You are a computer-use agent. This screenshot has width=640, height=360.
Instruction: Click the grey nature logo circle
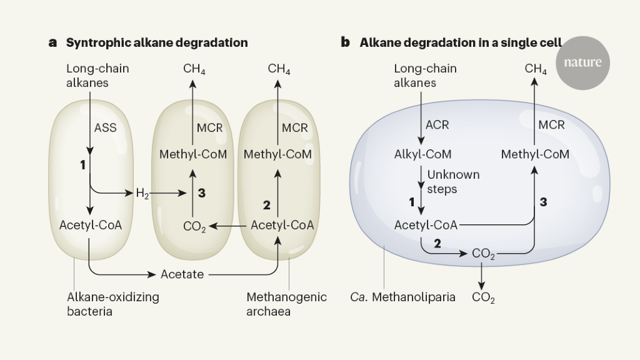[582, 62]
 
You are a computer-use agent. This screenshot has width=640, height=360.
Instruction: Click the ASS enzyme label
[105, 127]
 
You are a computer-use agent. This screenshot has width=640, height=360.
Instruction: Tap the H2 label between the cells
[143, 193]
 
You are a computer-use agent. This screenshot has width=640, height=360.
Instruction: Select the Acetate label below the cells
[182, 274]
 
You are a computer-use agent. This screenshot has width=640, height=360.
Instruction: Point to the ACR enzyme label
[437, 125]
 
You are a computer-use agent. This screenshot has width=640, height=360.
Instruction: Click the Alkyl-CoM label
[423, 154]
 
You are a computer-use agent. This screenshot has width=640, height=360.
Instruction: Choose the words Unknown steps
[453, 181]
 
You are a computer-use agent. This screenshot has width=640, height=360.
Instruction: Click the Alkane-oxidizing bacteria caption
[112, 304]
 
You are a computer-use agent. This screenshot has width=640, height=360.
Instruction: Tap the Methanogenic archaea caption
[286, 304]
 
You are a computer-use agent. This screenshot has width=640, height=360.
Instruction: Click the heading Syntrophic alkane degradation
[157, 42]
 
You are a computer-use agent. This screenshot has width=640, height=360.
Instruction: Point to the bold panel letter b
[345, 42]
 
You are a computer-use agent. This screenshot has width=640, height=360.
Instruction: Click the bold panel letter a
[53, 42]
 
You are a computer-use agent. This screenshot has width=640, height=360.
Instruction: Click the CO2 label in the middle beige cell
[194, 226]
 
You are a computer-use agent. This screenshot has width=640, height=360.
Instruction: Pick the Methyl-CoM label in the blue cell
[535, 154]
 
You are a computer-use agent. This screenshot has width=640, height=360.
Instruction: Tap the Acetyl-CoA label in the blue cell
[426, 224]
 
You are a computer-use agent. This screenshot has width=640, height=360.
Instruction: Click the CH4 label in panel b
[536, 69]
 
